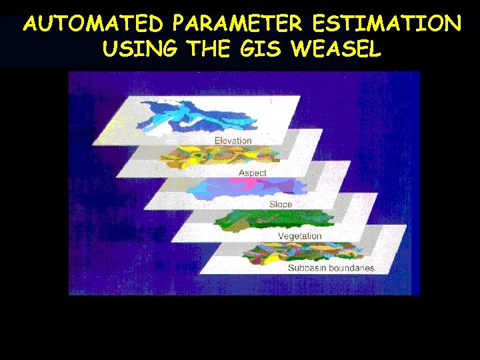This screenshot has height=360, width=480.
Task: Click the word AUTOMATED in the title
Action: pos(93,25)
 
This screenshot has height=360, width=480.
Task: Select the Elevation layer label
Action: pos(233,141)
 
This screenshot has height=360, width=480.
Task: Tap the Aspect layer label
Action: pos(252,173)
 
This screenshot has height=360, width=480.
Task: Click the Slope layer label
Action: pos(281,204)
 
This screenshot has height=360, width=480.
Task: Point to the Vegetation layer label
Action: pos(299,236)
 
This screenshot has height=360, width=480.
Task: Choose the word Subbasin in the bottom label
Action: pos(309,268)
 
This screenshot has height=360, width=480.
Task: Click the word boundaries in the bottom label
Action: pos(353,268)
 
